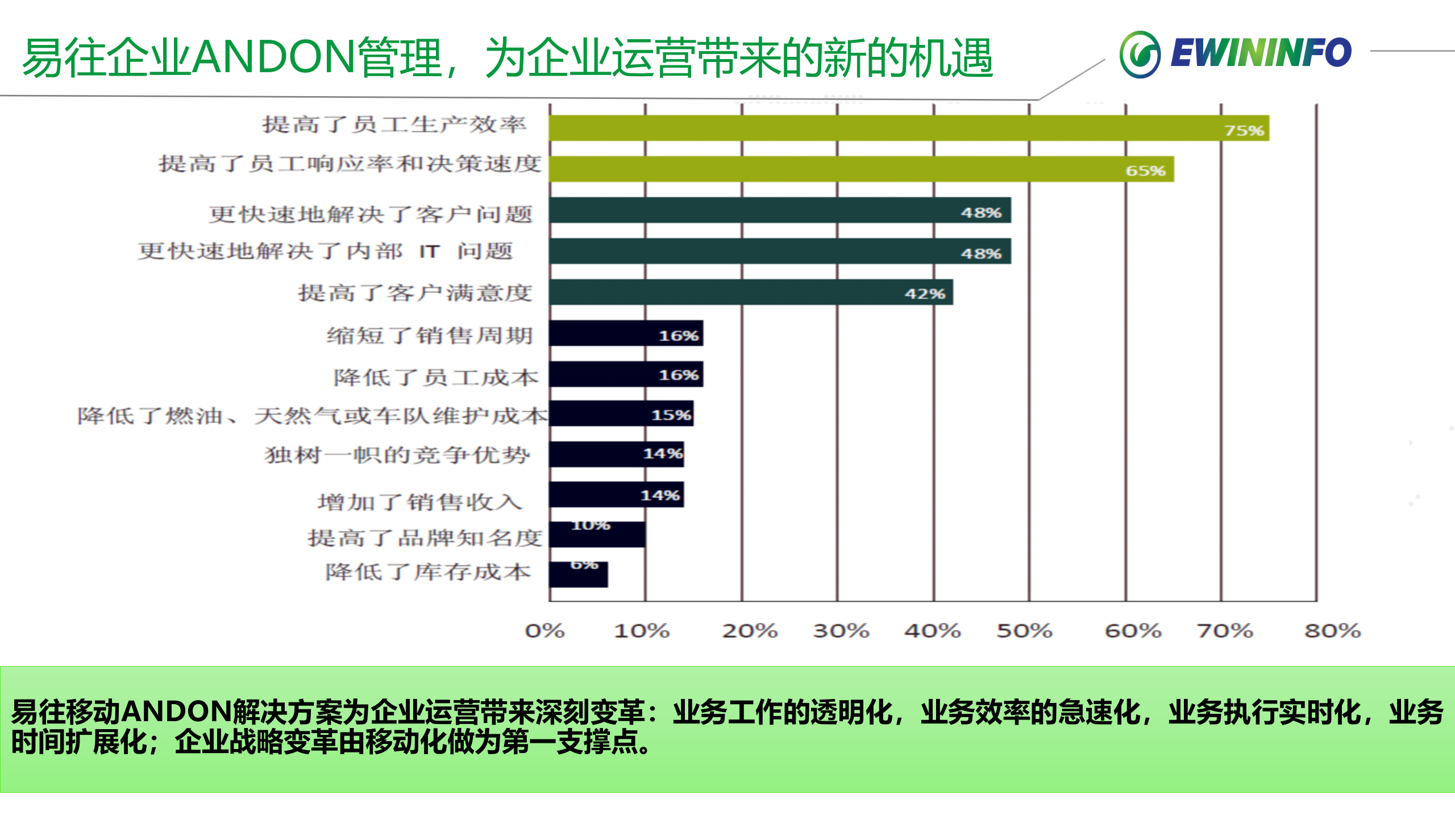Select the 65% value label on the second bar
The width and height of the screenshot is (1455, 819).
(x=1145, y=171)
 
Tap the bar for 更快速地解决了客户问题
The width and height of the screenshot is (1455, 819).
(x=779, y=210)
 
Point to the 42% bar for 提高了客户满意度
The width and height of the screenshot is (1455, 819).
(x=750, y=292)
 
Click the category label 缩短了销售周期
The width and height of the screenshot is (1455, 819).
(x=430, y=336)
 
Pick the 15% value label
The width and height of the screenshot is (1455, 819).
(x=671, y=415)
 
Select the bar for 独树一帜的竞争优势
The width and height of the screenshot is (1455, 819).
(x=616, y=454)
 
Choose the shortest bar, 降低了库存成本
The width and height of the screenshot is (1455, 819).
(x=578, y=574)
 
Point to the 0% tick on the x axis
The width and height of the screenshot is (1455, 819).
(x=544, y=631)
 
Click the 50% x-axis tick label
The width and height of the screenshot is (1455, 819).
(x=1024, y=631)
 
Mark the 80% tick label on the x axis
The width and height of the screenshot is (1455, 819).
(x=1332, y=631)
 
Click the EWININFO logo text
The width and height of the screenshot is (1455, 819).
(x=1261, y=53)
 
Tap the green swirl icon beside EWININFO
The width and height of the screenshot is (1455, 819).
(x=1140, y=55)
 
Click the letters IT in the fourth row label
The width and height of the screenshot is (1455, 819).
(x=429, y=251)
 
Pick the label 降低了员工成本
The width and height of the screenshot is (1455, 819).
(x=435, y=377)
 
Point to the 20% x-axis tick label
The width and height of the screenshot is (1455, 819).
(x=749, y=631)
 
